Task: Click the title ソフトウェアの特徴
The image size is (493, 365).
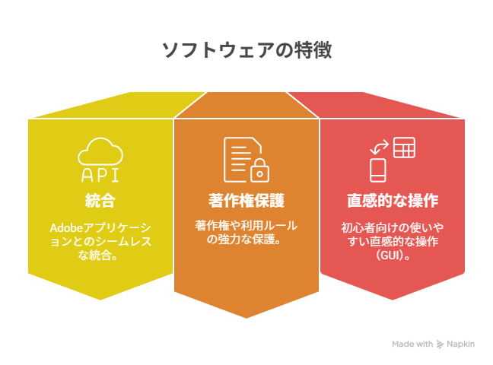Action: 247,50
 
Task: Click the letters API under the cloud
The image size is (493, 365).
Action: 100,175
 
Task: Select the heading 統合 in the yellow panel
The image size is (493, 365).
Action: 100,201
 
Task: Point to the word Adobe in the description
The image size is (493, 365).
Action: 66,227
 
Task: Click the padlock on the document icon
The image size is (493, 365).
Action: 259,170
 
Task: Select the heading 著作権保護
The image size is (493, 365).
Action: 247,201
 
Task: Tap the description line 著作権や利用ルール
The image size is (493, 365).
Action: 247,225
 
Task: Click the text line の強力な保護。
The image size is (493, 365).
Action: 243,240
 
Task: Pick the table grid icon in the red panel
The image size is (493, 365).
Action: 404,148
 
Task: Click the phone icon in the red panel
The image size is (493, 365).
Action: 377,170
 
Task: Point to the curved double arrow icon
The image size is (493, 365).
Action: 380,147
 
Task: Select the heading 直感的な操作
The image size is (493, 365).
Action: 393,201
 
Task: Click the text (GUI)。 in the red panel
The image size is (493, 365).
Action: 393,255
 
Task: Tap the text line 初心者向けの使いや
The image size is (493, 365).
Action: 393,227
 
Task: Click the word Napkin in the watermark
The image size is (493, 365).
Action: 460,344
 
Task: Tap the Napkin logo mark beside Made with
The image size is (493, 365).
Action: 441,344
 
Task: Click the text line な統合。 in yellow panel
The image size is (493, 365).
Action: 98,255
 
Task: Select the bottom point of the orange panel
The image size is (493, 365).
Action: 247,318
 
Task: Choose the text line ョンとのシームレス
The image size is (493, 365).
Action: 100,241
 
